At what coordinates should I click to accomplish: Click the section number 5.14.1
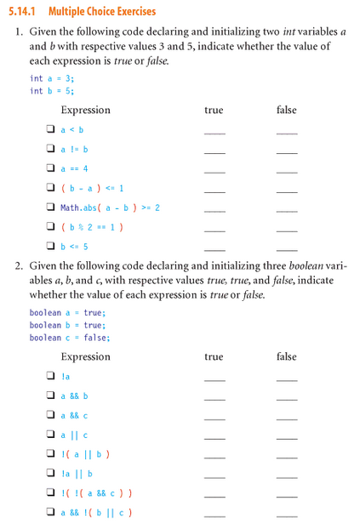point(25,11)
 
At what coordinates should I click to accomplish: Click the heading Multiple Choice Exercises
point(102,11)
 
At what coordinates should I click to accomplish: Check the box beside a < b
point(51,130)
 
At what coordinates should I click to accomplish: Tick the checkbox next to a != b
point(51,150)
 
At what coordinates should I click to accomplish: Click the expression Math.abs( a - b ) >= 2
point(110,208)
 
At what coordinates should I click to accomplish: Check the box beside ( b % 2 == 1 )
point(51,227)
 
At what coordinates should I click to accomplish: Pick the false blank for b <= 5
point(287,250)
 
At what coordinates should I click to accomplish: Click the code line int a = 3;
point(52,78)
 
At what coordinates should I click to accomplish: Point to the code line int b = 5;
point(52,91)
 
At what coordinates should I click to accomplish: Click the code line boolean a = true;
point(66,312)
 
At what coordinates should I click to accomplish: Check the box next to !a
point(51,376)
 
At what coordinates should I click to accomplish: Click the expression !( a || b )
point(86,454)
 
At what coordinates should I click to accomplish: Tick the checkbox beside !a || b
point(51,474)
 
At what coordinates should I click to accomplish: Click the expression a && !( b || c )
point(95,513)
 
